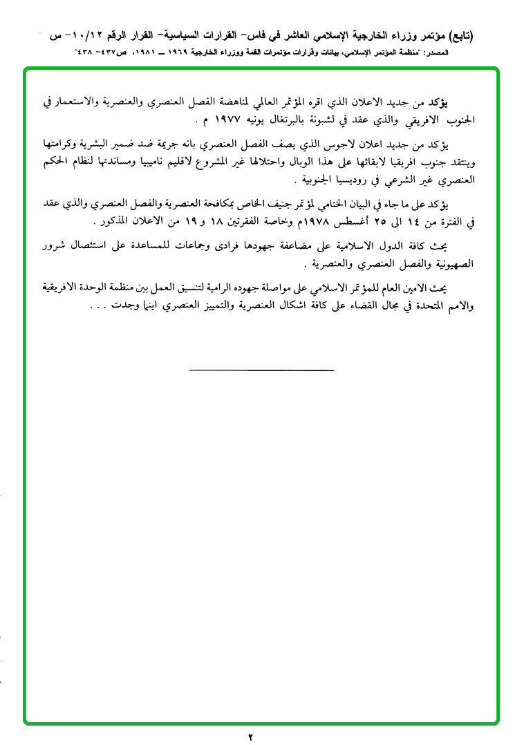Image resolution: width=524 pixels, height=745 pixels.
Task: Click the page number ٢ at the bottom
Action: click(251, 736)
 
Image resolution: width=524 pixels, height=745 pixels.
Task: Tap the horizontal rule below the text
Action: click(261, 371)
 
